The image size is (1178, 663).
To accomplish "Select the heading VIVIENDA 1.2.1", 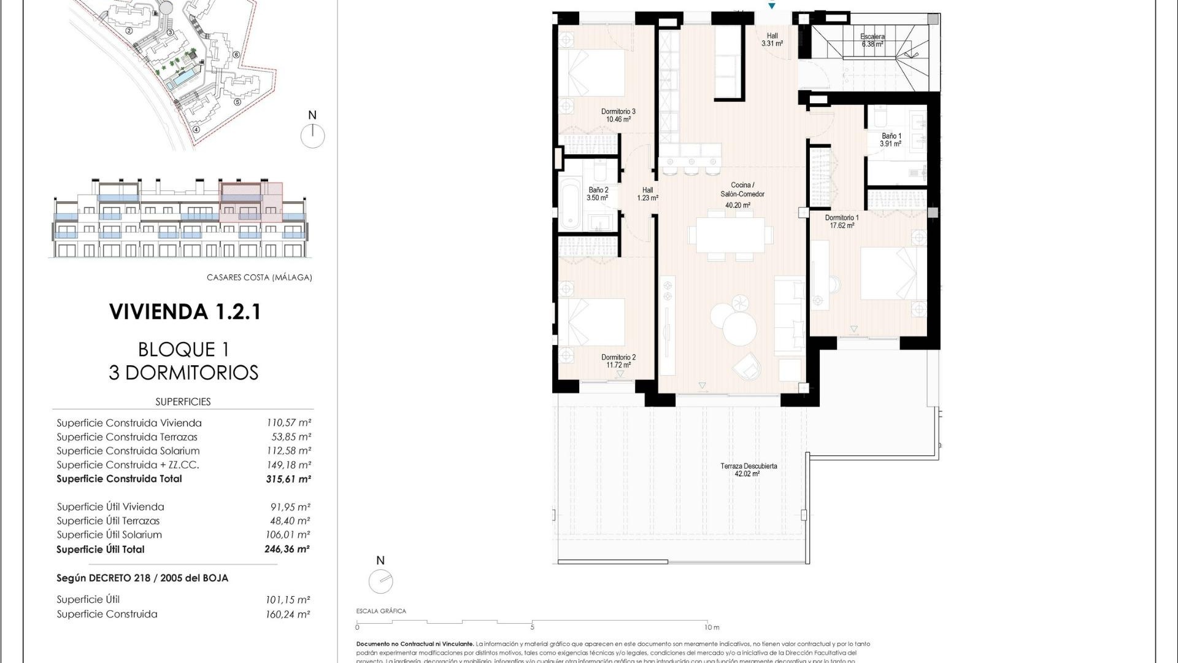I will point(185,311).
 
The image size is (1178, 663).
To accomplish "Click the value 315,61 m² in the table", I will point(288,479).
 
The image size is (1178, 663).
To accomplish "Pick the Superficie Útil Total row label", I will point(101,549).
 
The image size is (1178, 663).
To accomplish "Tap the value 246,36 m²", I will point(287,549).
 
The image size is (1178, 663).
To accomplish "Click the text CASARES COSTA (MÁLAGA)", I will point(259,277).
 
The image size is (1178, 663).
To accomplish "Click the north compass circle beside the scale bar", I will point(380,581).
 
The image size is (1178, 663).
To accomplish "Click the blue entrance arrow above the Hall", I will point(772,6).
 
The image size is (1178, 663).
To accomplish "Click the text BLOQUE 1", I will point(183,349).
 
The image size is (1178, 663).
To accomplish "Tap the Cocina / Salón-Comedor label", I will point(742,190).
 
